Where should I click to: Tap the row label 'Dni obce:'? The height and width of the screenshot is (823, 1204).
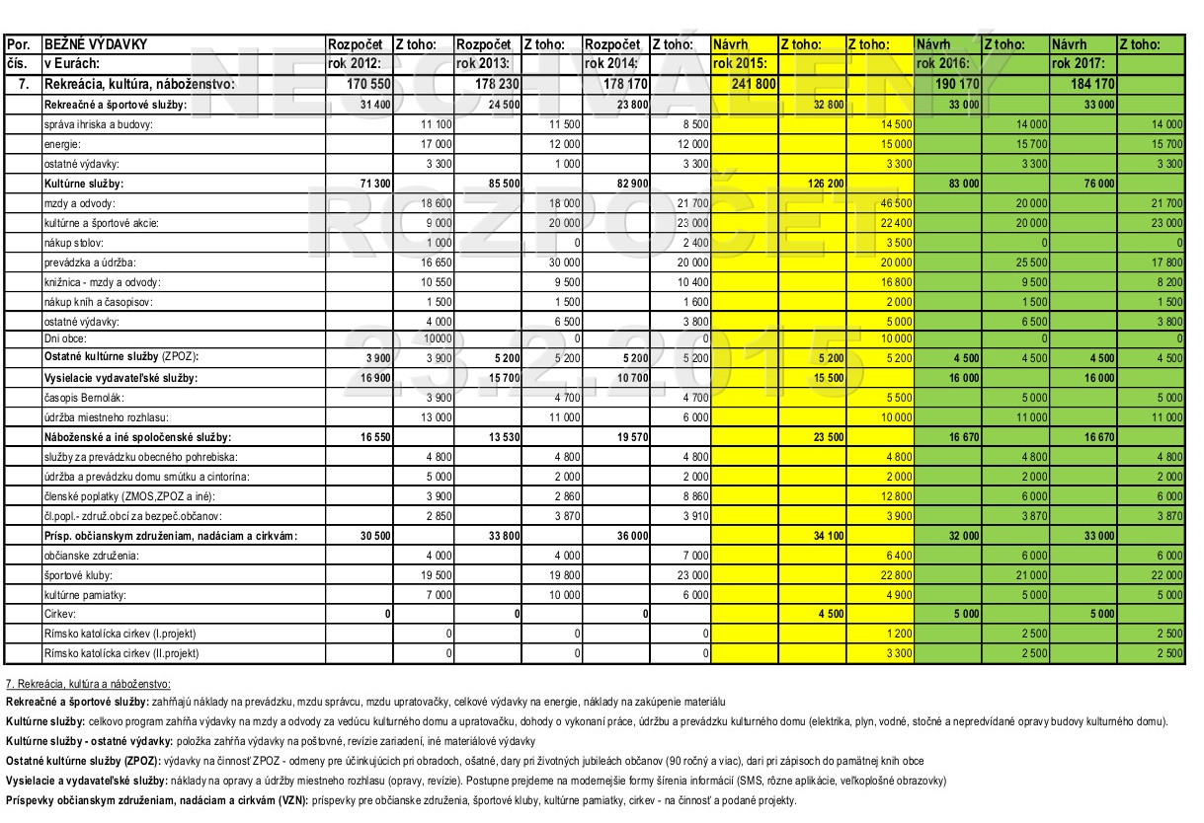(64, 338)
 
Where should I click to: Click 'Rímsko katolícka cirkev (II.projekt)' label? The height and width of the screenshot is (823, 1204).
(120, 653)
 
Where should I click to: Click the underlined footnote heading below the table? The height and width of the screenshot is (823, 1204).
(88, 683)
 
